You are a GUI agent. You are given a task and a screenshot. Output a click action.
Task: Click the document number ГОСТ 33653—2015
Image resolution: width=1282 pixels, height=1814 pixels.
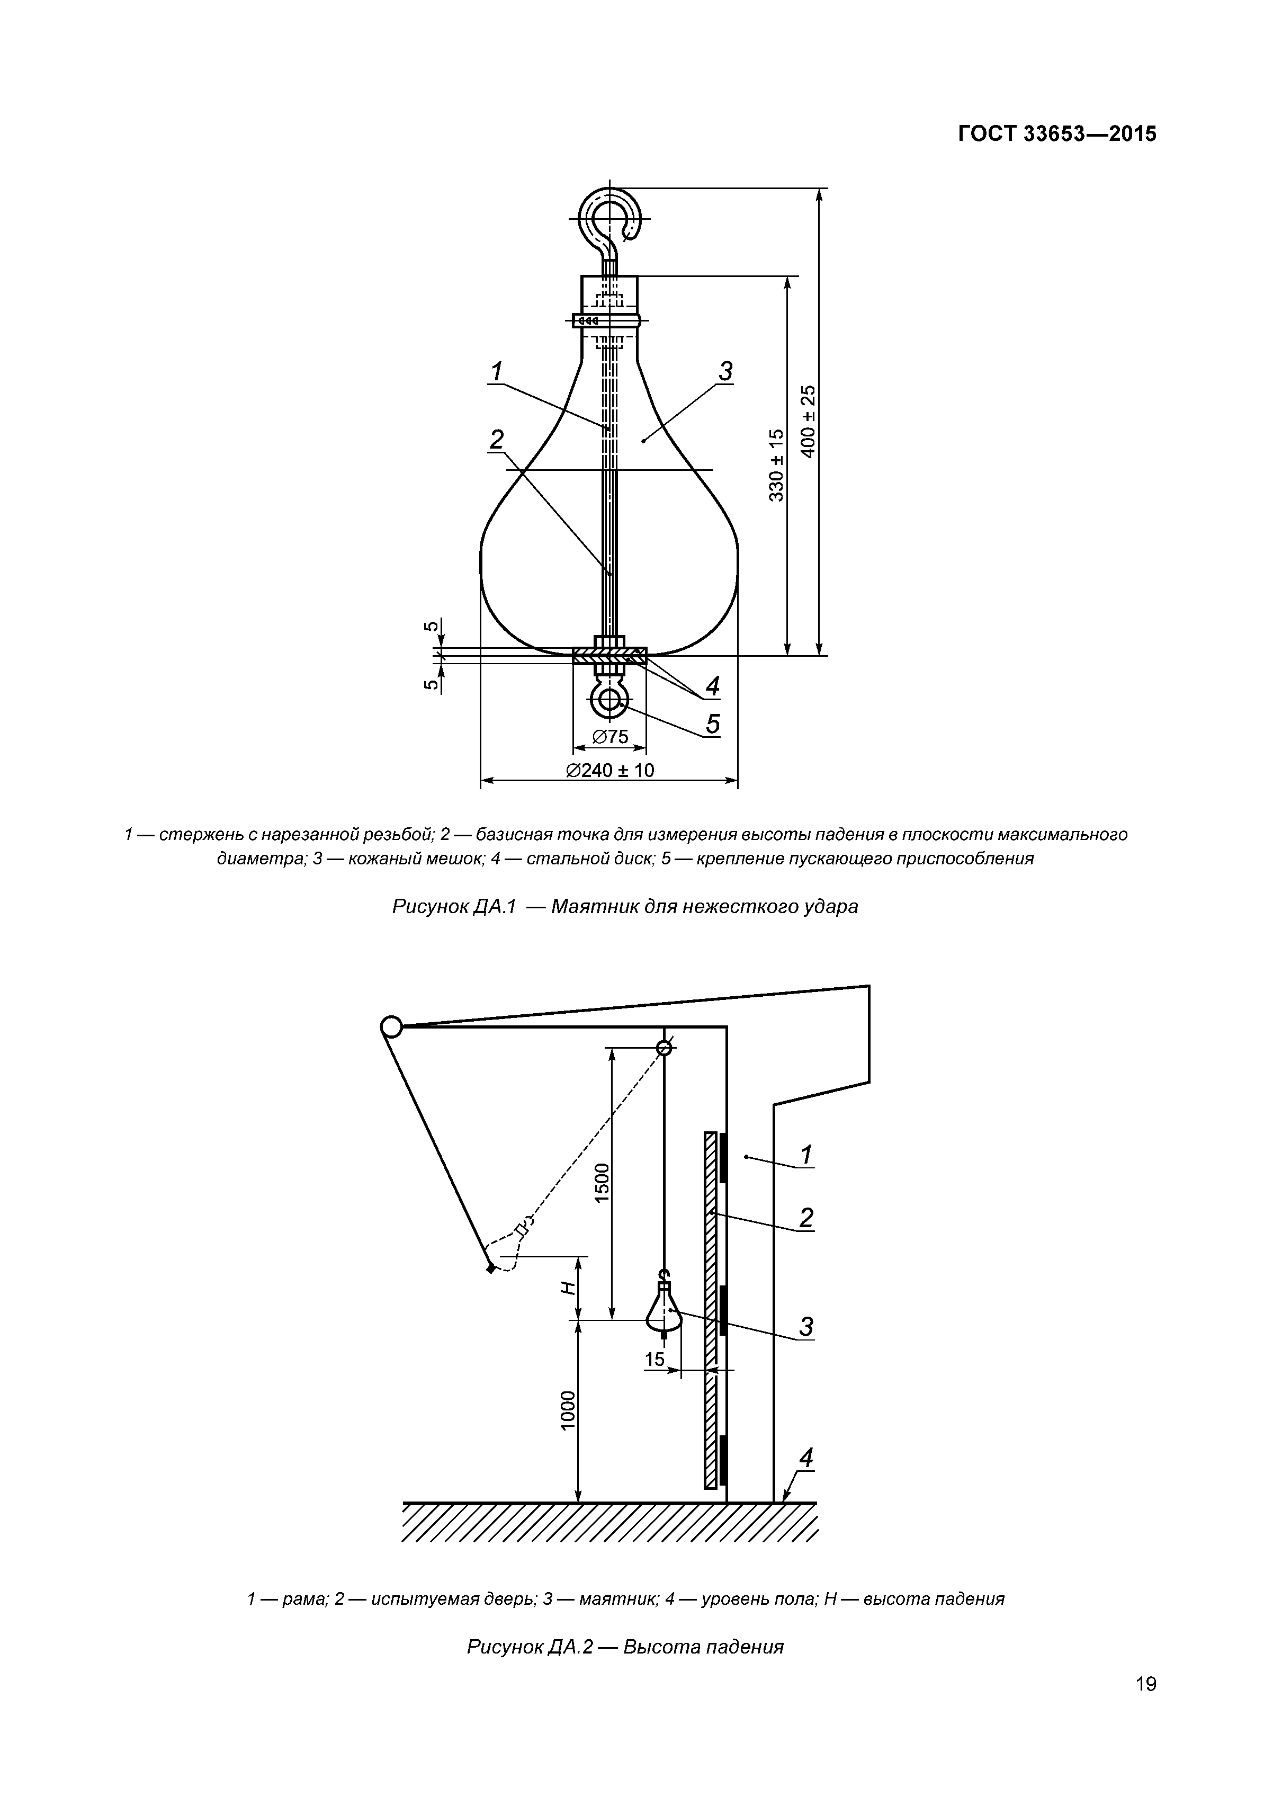[1057, 135]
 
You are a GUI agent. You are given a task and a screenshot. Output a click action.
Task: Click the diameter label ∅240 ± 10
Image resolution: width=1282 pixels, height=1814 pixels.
[610, 770]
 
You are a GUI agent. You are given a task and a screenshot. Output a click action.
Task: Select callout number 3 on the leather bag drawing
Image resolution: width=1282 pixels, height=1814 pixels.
[725, 371]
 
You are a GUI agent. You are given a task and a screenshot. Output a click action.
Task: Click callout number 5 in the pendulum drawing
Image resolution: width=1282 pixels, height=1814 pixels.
[712, 723]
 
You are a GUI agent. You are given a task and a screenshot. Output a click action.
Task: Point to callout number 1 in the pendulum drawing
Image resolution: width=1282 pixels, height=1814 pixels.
[496, 371]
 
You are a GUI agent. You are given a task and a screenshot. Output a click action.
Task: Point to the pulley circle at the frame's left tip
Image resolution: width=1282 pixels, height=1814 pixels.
[391, 1026]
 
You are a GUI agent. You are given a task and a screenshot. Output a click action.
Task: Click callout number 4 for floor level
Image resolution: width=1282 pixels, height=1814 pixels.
[806, 1459]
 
